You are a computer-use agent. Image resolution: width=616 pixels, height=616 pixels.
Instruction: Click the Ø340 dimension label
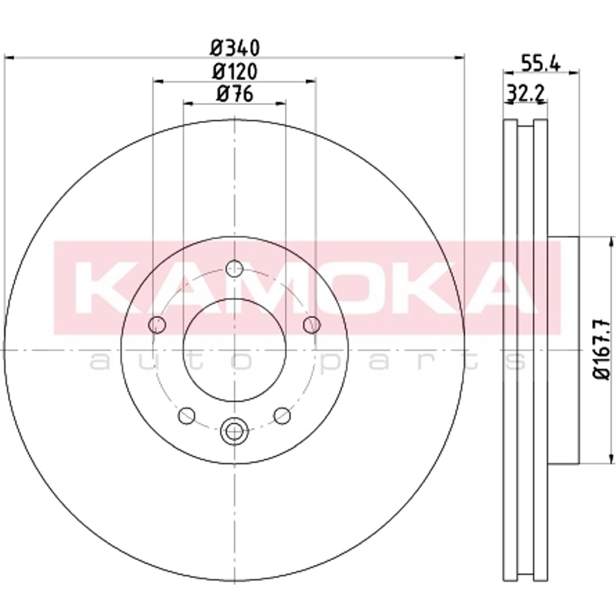[235, 48]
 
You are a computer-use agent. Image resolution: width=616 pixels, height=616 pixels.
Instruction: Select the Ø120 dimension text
[235, 72]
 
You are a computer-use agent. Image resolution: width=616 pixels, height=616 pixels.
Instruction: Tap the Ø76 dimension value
[235, 94]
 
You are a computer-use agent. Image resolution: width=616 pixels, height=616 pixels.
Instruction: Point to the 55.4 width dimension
[540, 63]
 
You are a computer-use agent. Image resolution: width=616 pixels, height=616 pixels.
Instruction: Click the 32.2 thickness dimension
[525, 93]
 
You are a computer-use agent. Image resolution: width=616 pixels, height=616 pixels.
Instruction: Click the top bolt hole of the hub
[234, 269]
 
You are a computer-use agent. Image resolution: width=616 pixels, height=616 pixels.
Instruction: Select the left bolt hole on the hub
[157, 325]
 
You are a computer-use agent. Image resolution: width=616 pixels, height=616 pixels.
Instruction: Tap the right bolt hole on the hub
[312, 325]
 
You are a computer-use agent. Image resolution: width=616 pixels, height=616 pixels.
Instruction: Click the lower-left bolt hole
[187, 416]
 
